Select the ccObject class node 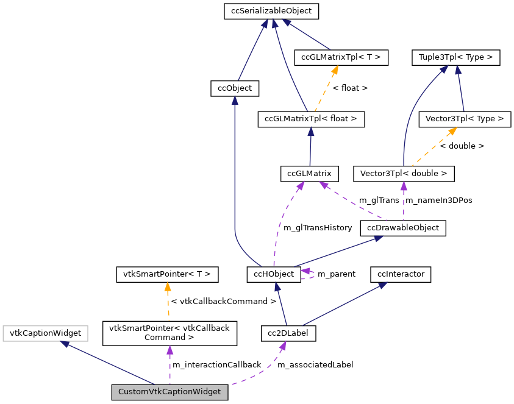pos(235,88)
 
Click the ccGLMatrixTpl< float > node pos(311,119)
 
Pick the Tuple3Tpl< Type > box pos(456,58)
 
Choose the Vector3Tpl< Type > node pos(465,119)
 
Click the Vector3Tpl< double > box pos(404,174)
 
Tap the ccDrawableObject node pos(403,228)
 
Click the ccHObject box pos(273,274)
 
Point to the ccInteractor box pos(401,274)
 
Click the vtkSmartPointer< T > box pos(167,274)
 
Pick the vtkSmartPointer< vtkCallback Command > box pos(169,332)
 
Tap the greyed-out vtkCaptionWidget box pos(46,333)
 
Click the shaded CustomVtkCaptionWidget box pos(170,392)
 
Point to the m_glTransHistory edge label pos(318,227)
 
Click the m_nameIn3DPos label pos(438,200)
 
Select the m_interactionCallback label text pos(216,364)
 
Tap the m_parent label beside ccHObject pos(337,274)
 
